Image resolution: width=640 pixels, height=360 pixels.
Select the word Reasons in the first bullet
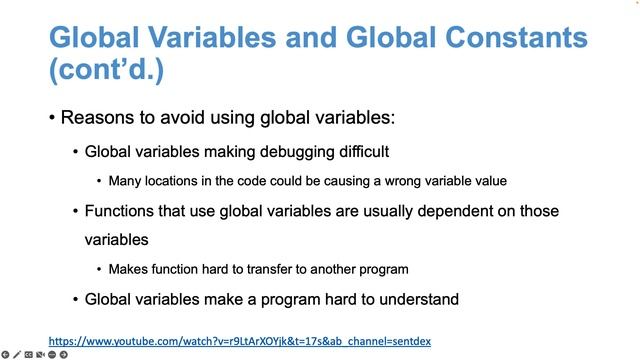point(97,118)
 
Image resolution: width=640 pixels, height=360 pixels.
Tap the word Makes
point(128,269)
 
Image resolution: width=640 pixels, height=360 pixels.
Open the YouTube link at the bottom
point(239,341)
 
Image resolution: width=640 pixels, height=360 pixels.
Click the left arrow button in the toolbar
point(5,354)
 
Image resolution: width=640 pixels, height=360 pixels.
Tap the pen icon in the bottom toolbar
point(17,354)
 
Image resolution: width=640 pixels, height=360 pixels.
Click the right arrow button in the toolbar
point(65,354)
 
